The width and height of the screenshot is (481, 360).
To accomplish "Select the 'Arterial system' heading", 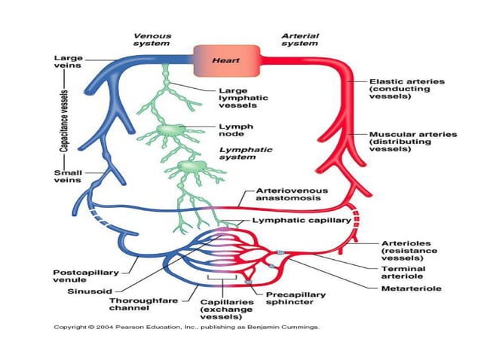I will click(x=299, y=38).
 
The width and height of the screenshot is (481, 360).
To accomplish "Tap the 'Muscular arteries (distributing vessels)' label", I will click(x=412, y=141).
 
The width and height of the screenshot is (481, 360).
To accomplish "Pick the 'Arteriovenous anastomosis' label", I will click(x=292, y=195).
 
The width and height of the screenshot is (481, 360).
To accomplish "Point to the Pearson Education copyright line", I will click(x=185, y=328).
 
